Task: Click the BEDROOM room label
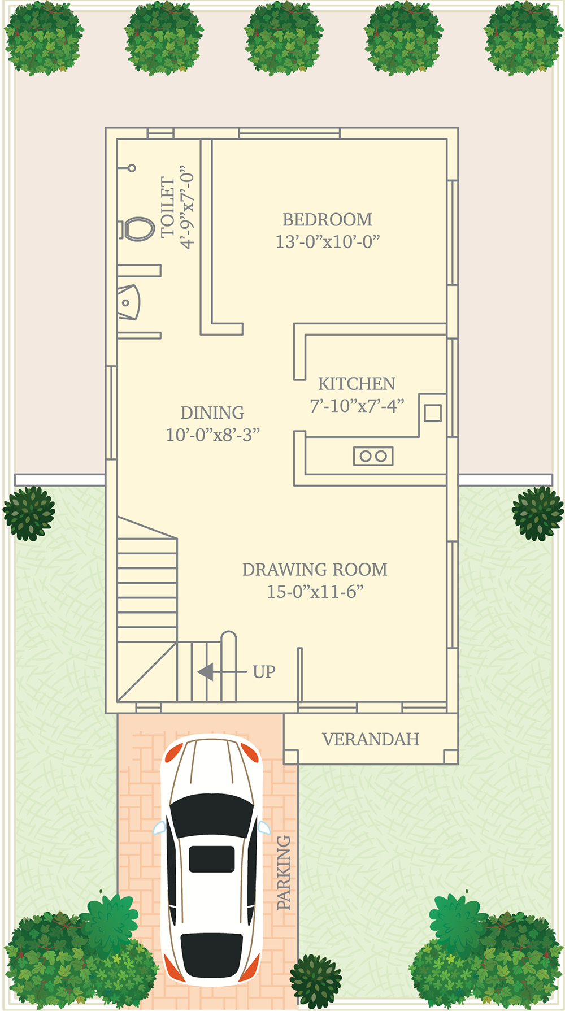coord(327,219)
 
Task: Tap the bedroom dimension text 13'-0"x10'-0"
coord(327,242)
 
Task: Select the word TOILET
coord(168,207)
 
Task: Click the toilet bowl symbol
coord(137,229)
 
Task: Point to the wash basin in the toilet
coord(128,302)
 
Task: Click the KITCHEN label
coord(357,384)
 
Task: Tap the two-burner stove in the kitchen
coord(373,456)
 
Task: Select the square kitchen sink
coord(433,413)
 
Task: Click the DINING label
coord(212,413)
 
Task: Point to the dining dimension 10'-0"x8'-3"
coord(212,435)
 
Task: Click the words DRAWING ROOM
coord(315,570)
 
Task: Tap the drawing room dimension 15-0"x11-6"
coord(315,592)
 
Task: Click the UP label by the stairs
coord(264,672)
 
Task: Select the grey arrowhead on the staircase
coord(205,672)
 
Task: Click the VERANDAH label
coord(371,739)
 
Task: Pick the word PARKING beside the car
coord(284,873)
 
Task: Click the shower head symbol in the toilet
coord(132,168)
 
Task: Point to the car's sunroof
coord(212,859)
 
